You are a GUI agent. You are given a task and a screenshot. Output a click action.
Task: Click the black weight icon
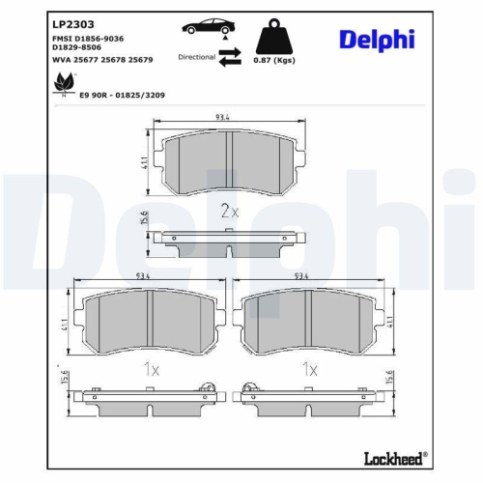point(273,36)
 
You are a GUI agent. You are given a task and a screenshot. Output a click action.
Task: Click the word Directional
point(197,58)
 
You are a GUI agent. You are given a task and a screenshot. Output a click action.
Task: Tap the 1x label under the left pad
point(150,369)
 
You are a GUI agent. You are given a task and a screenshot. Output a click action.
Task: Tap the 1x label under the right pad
point(309,369)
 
